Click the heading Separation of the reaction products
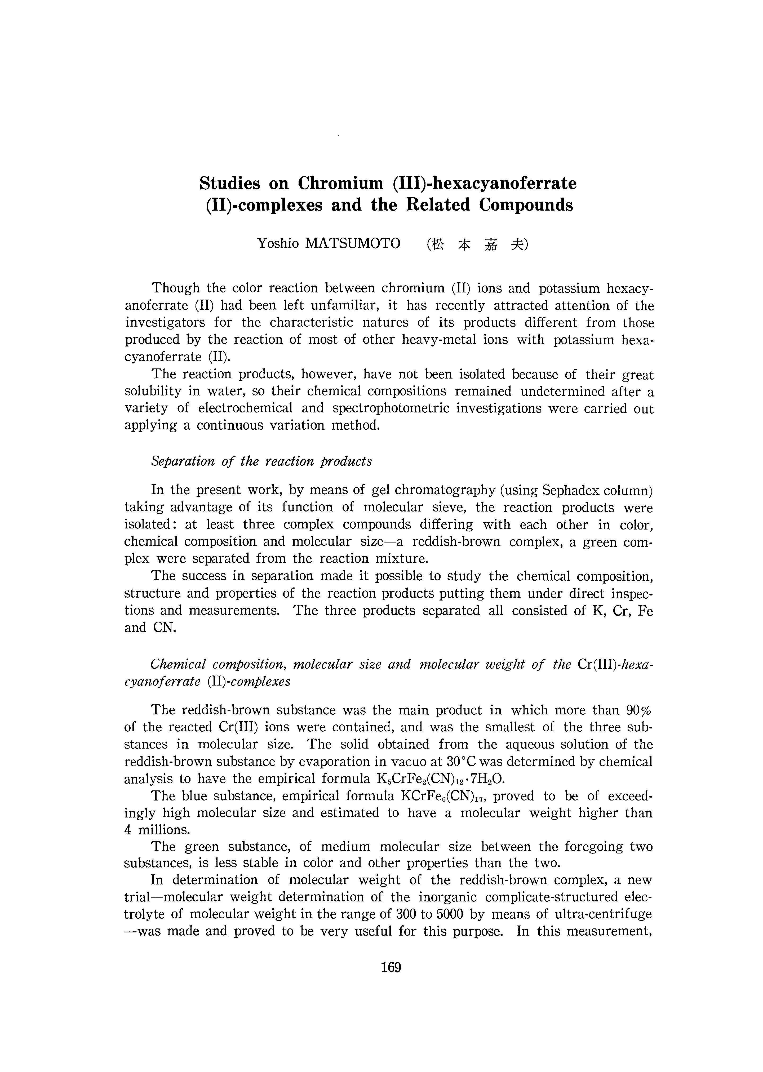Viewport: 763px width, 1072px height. click(261, 461)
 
